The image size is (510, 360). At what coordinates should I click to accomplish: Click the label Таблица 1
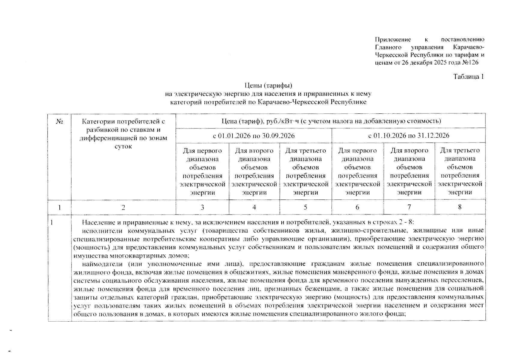469,77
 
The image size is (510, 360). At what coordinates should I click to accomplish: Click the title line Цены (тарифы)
268,86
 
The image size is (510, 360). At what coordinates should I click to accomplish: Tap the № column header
59,121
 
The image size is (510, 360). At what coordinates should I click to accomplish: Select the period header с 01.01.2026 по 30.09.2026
254,136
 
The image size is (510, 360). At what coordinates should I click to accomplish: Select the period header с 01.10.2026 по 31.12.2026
409,136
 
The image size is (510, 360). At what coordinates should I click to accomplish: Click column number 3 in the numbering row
202,207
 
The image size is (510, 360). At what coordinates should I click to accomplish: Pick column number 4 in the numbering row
254,207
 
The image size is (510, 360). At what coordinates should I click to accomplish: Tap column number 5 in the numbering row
306,207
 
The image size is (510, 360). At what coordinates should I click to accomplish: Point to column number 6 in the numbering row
357,207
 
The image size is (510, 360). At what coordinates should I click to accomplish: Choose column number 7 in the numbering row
409,207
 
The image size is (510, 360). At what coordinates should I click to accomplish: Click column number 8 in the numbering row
460,207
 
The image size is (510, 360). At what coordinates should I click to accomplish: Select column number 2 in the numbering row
123,207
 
